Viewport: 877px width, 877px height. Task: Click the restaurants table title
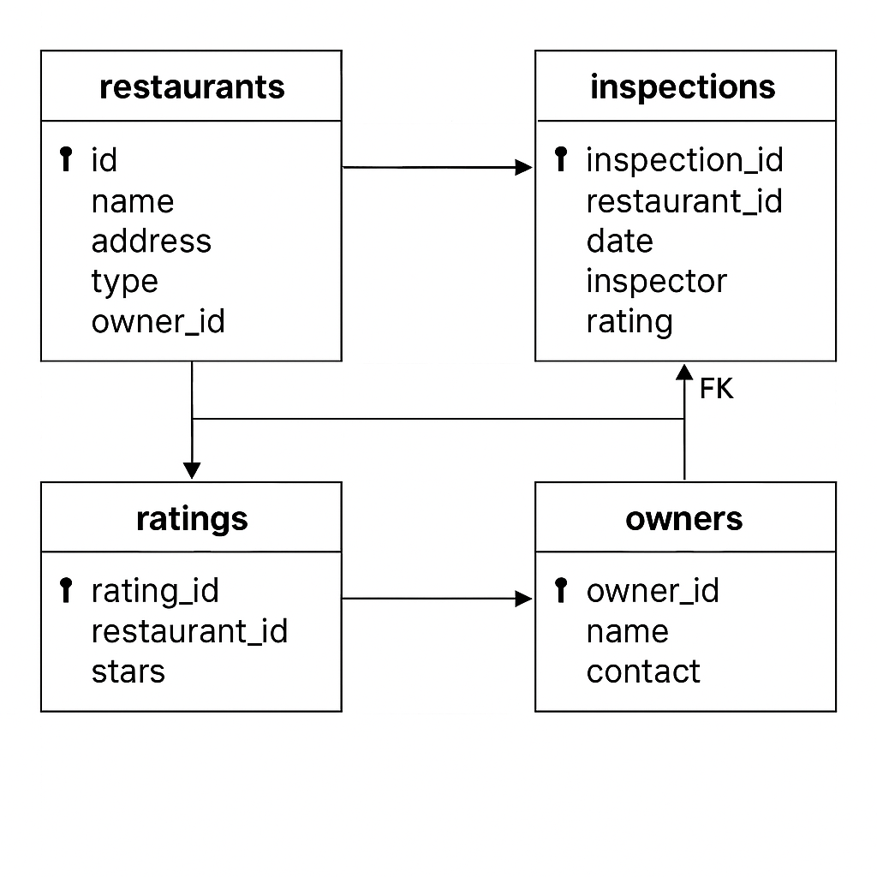click(x=192, y=87)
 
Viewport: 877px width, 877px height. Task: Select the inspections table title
click(x=683, y=87)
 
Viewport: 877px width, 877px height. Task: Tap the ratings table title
click(x=192, y=519)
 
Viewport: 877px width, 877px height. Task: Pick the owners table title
click(x=684, y=519)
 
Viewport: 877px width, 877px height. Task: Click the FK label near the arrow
click(x=716, y=390)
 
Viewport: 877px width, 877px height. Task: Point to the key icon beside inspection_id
click(x=561, y=159)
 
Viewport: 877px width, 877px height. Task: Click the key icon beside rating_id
click(x=66, y=590)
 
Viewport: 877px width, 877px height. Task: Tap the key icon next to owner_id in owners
click(x=561, y=590)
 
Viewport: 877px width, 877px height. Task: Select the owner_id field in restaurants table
click(x=158, y=322)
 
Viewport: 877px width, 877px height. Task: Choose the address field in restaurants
click(x=151, y=242)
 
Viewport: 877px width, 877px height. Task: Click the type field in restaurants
click(x=124, y=282)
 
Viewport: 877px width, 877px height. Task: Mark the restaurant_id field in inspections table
click(x=683, y=201)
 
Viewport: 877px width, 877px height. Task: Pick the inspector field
click(x=656, y=282)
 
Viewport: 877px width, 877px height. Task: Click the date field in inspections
click(x=619, y=242)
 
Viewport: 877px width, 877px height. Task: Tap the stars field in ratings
click(x=128, y=671)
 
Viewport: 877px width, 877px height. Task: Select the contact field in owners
click(x=642, y=671)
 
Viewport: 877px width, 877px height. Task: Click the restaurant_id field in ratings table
click(x=189, y=631)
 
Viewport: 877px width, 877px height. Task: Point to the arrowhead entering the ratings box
click(x=192, y=470)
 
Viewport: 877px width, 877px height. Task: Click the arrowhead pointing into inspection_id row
click(x=523, y=168)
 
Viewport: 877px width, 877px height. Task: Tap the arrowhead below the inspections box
click(x=683, y=373)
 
